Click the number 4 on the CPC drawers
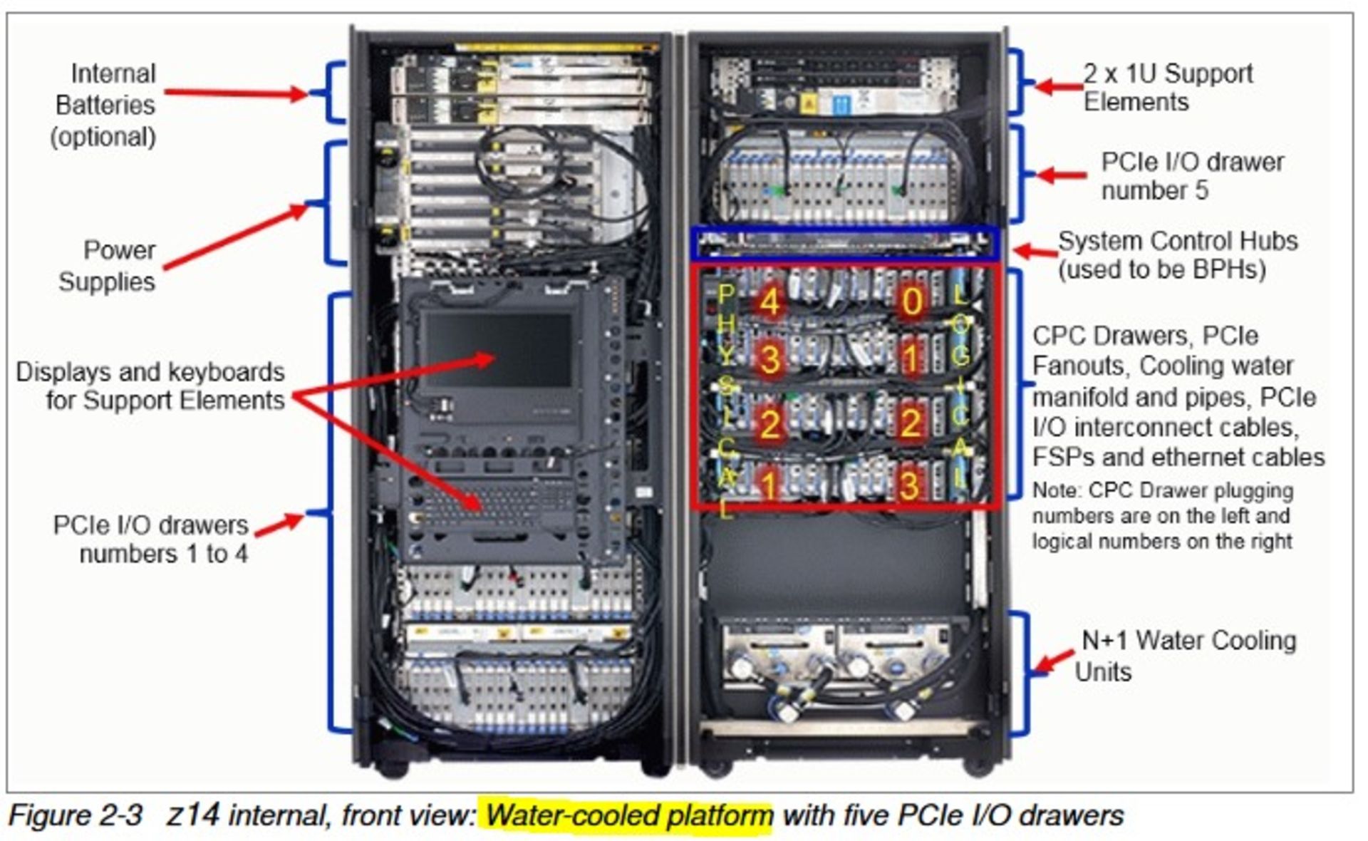tap(769, 301)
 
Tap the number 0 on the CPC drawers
tap(911, 301)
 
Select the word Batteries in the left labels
tap(105, 105)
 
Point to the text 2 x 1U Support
tap(1167, 73)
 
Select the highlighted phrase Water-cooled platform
tap(629, 815)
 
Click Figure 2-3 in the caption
tap(76, 815)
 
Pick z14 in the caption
tap(192, 815)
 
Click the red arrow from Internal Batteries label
tap(235, 93)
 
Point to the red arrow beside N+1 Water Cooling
tap(1054, 661)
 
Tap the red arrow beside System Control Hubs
tap(1035, 251)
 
